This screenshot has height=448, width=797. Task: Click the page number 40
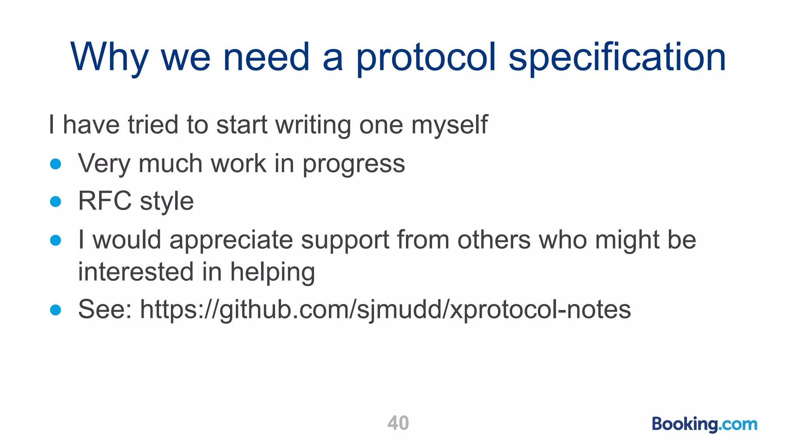398,423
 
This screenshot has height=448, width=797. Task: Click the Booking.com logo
704,424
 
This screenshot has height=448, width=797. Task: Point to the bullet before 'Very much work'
56,164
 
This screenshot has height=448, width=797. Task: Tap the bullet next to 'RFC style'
56,201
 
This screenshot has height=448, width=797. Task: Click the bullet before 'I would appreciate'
56,240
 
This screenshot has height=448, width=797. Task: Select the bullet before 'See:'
56,310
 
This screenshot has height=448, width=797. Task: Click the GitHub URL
385,310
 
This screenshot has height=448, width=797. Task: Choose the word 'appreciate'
231,240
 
